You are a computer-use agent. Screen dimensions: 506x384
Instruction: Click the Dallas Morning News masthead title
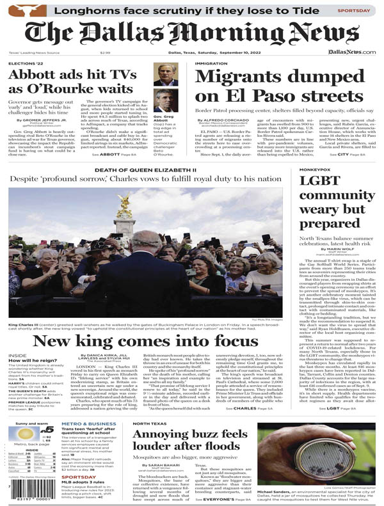[191, 33]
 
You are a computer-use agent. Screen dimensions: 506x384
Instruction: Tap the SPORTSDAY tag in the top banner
[353, 10]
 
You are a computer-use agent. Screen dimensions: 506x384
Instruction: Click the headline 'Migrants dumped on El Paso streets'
[272, 86]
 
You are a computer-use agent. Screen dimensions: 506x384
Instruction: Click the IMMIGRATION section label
[211, 64]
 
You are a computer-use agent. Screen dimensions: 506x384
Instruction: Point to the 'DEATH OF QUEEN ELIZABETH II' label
[145, 170]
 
